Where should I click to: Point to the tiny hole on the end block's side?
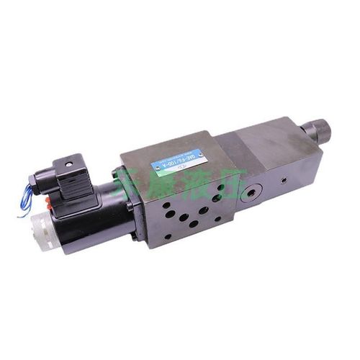pyautogui.click(x=282, y=181)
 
